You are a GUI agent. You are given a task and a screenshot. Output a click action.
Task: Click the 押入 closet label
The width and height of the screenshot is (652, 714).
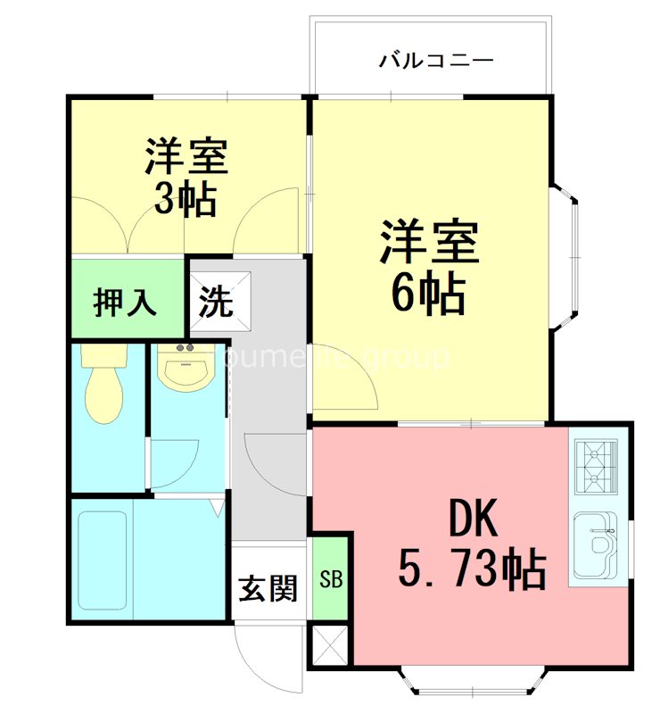click(x=126, y=302)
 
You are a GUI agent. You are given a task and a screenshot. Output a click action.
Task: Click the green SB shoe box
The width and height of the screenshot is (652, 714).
click(x=331, y=578)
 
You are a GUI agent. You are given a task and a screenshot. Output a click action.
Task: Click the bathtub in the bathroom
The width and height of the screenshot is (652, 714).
click(x=103, y=558)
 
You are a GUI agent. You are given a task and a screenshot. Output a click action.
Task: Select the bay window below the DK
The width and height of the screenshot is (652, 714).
click(x=470, y=682)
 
